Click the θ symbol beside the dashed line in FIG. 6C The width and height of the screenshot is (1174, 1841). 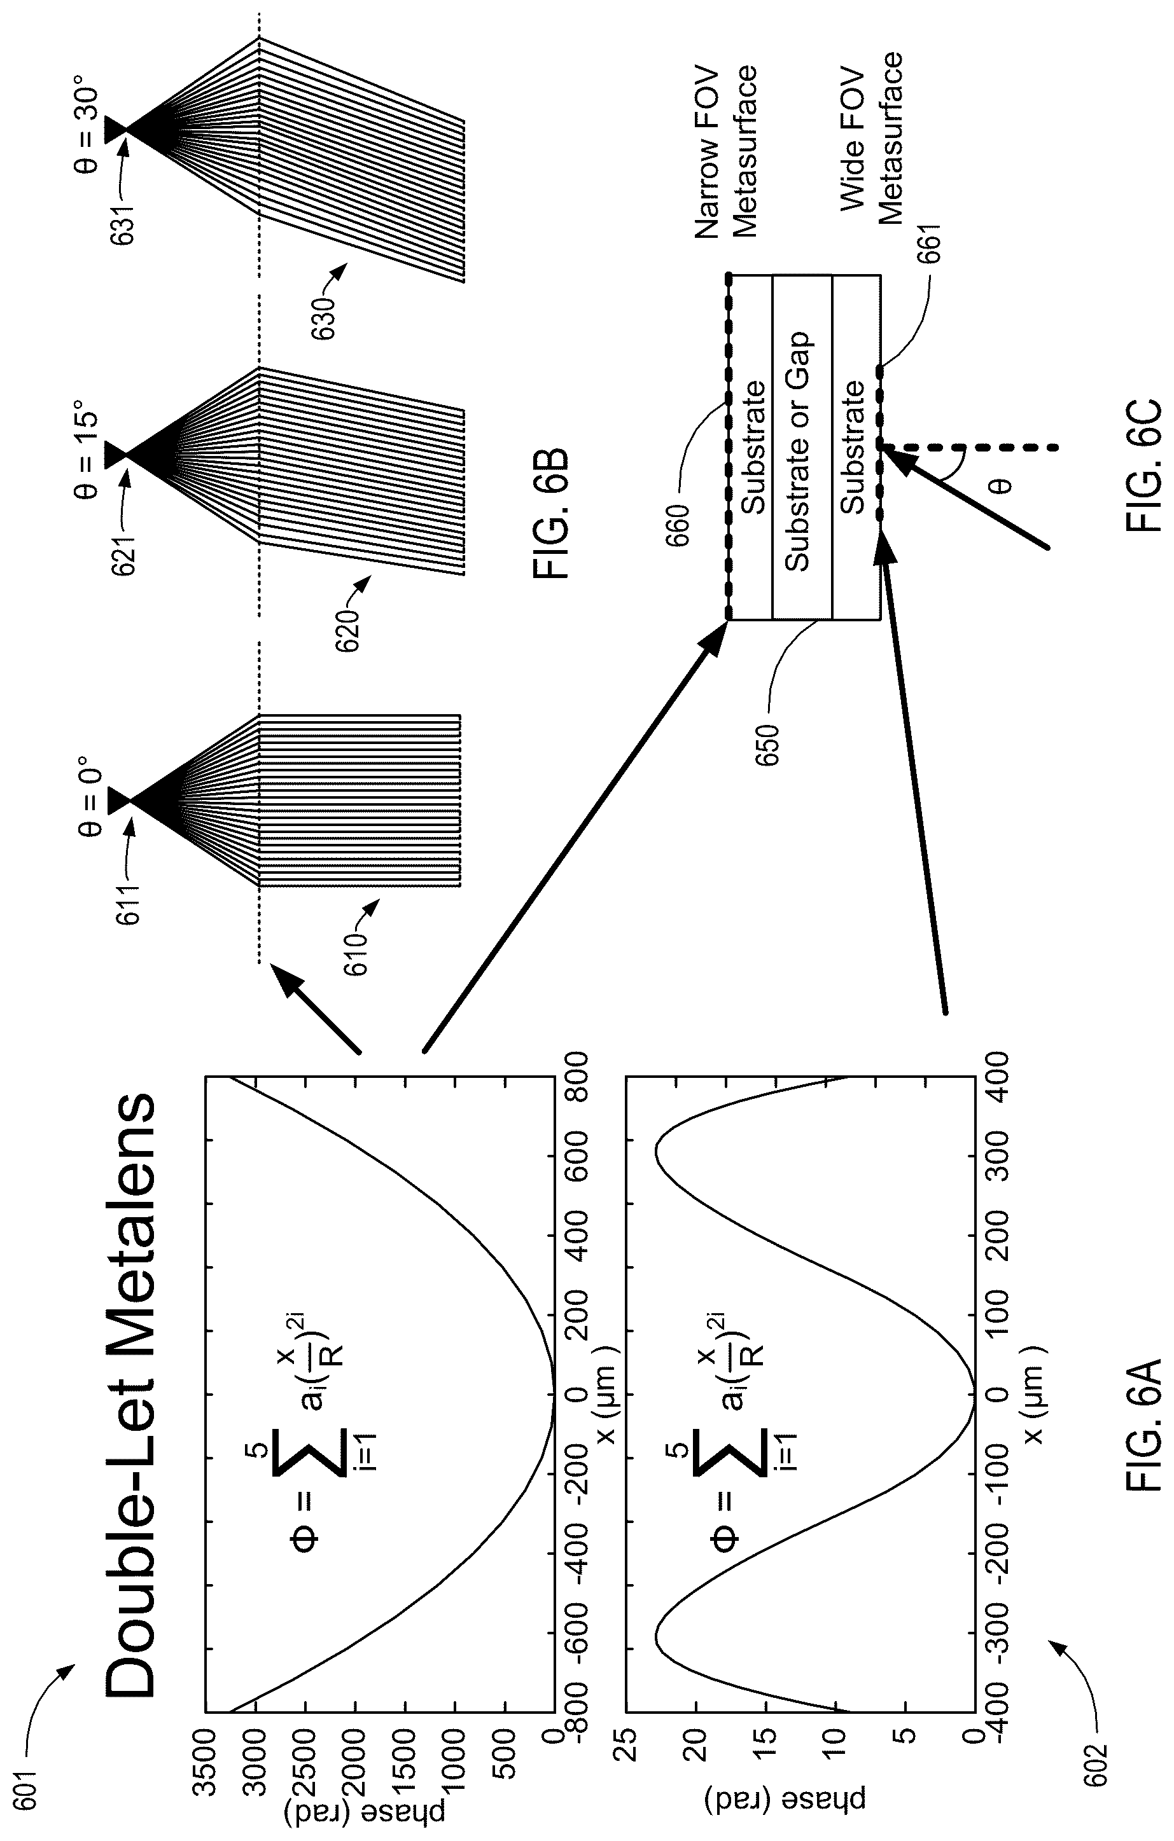(x=1002, y=486)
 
